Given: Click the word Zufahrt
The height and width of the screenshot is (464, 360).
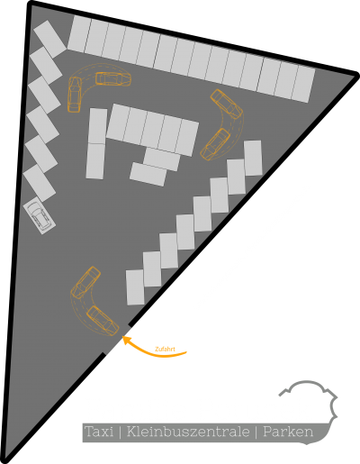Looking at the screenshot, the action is (x=165, y=350).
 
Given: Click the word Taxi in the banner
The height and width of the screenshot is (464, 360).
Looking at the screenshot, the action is (x=99, y=432).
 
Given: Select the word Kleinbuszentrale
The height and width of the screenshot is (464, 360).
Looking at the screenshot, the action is (x=188, y=432).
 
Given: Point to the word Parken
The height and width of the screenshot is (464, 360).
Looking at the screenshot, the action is (x=288, y=432).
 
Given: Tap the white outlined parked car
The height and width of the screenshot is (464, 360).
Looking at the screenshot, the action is (x=40, y=216).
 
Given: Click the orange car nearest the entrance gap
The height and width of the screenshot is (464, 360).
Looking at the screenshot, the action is (x=103, y=321).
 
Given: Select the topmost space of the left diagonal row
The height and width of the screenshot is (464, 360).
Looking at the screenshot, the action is (x=49, y=39).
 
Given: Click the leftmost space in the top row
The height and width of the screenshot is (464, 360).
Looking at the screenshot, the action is (x=79, y=34).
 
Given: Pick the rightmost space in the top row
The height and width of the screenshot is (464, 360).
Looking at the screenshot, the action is (x=303, y=84).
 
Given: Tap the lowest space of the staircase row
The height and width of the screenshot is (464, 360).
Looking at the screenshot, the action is (x=135, y=287).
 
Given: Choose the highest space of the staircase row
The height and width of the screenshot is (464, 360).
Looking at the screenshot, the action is (x=253, y=158).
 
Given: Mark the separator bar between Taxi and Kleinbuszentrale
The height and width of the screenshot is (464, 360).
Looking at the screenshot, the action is (x=121, y=432).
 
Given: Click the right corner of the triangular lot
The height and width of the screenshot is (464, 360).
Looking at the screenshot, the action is (x=356, y=75).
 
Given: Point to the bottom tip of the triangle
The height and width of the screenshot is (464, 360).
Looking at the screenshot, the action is (x=6, y=460).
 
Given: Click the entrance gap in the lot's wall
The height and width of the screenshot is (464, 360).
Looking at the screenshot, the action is (x=117, y=339).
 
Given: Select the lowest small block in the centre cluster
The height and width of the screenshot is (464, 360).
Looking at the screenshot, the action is (x=148, y=174).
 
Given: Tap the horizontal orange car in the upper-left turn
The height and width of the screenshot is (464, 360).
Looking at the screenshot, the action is (x=113, y=78).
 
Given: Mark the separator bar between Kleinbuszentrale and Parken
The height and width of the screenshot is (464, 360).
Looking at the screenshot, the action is (x=256, y=432).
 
